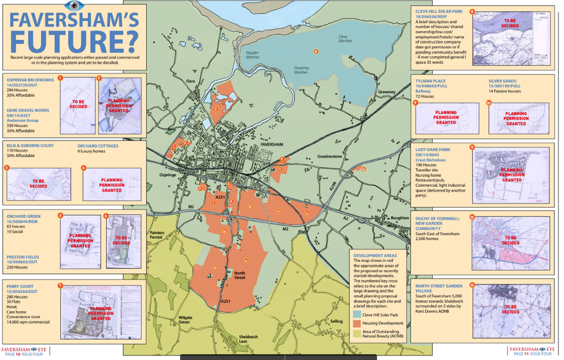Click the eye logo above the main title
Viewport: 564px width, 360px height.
pos(73,5)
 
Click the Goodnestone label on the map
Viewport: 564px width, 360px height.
pos(330,156)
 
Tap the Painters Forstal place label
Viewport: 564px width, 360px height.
pos(157,235)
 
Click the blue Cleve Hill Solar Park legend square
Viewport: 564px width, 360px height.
pos(358,314)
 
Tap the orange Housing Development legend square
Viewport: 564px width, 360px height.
pos(358,324)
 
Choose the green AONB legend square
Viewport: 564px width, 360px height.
pos(358,335)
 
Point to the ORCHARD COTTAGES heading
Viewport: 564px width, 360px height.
pos(98,146)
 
